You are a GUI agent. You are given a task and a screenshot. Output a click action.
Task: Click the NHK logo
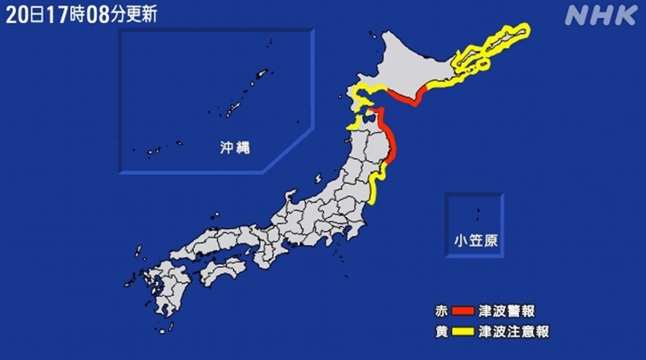coord(601,16)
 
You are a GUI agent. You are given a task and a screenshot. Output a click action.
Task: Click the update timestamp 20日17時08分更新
coord(81,14)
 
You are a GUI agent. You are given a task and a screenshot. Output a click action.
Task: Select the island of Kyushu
coord(161,291)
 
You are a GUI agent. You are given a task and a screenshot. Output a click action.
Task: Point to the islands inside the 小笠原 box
coord(478,214)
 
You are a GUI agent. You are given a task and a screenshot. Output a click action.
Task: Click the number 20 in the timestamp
coord(16,14)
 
